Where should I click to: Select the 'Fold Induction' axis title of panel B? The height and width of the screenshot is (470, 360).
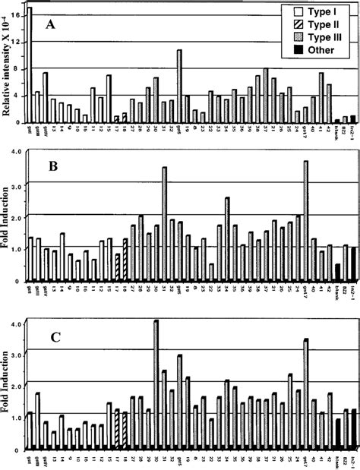point(8,220)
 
